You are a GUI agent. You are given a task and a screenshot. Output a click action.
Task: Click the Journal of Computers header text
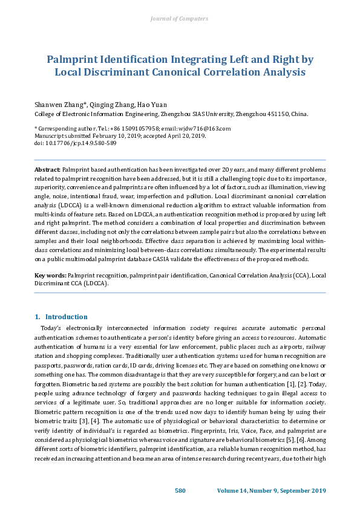(x=179, y=19)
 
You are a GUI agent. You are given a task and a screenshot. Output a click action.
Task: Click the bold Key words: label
(x=51, y=275)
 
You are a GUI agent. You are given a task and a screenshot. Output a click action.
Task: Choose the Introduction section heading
(x=66, y=317)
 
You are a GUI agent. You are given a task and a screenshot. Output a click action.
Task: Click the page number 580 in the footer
(x=180, y=490)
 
